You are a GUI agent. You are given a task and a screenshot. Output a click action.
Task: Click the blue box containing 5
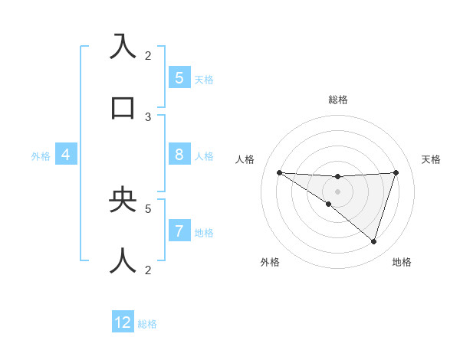(179, 77)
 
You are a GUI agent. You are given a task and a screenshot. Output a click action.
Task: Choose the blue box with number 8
(179, 155)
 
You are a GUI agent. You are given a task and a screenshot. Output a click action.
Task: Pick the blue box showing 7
(179, 231)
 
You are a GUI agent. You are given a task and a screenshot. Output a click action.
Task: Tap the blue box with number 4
(65, 155)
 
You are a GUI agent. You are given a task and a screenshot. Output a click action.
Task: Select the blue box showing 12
(123, 322)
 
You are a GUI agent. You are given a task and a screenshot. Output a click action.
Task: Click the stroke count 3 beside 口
(148, 117)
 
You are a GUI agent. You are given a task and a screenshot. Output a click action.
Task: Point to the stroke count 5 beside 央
(148, 208)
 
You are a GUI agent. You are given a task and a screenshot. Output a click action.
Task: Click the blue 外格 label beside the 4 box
(41, 156)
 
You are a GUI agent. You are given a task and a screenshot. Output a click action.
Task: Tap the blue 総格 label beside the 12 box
(147, 324)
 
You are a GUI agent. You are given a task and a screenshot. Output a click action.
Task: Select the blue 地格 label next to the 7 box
(204, 232)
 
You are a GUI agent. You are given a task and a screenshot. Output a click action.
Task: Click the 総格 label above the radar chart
(338, 100)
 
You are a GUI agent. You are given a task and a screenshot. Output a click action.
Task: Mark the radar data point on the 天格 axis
(396, 172)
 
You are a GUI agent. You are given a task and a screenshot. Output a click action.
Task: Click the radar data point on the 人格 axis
(279, 172)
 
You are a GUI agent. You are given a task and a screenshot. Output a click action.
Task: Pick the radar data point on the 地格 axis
(373, 241)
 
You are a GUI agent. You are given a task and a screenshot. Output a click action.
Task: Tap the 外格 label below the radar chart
(270, 262)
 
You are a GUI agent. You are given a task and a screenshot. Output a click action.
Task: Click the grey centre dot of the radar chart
(337, 191)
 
